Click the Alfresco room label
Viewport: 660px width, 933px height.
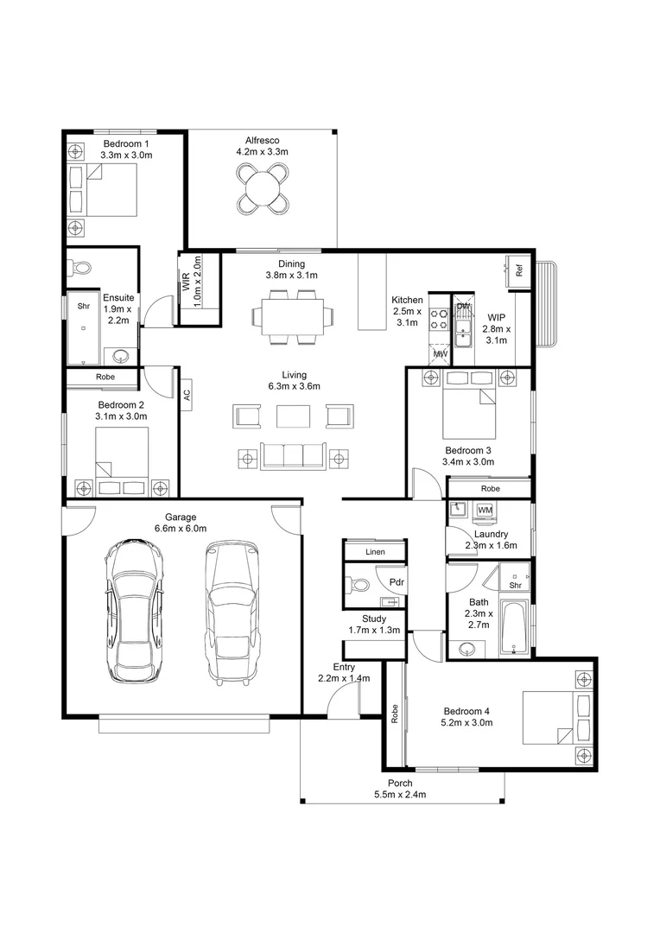click(261, 140)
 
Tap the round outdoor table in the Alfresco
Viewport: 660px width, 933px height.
click(262, 187)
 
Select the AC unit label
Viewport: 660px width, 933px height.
click(186, 394)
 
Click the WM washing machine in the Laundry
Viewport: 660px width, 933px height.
click(485, 511)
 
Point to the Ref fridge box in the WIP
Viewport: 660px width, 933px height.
click(519, 270)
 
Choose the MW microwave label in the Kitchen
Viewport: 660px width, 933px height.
click(440, 354)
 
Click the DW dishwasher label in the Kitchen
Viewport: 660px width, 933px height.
click(463, 307)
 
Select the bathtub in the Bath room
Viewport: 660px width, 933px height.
click(514, 628)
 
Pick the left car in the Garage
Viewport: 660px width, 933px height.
click(135, 610)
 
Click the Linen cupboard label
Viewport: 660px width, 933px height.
click(374, 551)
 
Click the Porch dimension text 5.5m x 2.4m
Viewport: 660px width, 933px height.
click(400, 795)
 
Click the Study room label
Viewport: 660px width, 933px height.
click(374, 619)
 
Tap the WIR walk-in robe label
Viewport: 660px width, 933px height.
click(186, 282)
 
